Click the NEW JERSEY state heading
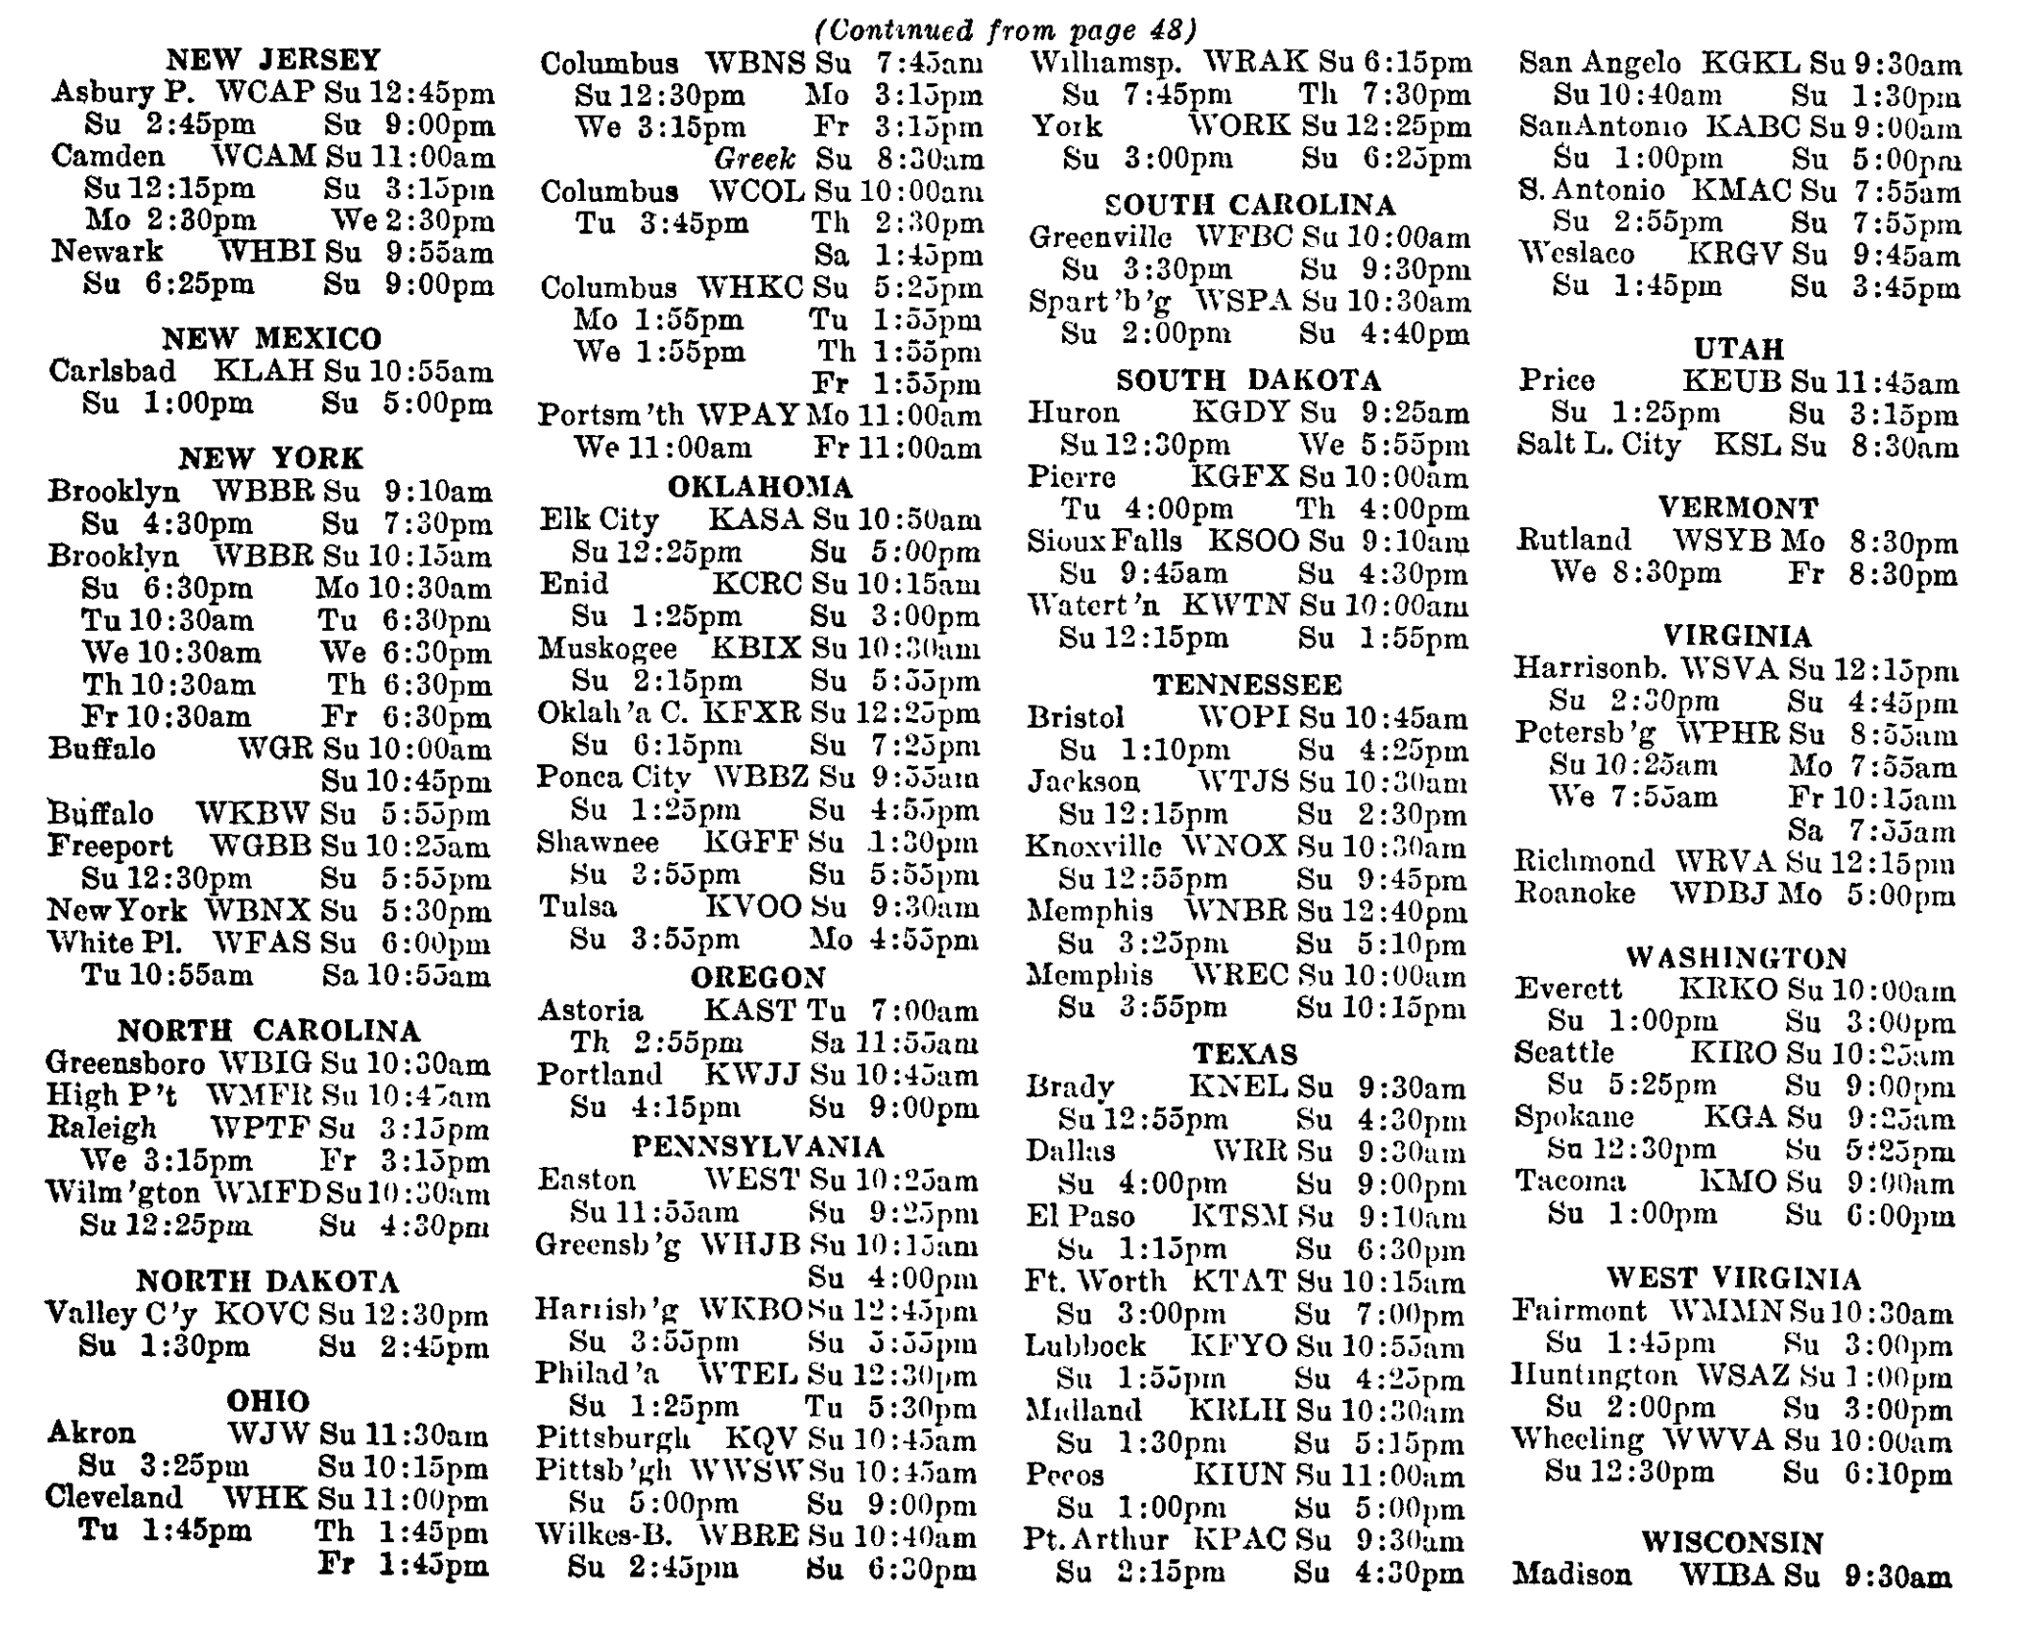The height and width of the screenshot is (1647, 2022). click(x=272, y=60)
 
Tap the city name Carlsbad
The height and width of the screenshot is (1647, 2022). click(x=113, y=371)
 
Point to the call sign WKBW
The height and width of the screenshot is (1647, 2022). click(x=253, y=813)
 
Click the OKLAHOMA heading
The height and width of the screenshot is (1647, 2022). click(x=760, y=487)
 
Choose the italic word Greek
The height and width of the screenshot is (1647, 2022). click(x=754, y=159)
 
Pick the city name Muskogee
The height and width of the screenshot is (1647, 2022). click(x=607, y=649)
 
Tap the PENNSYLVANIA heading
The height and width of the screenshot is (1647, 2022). click(x=757, y=1146)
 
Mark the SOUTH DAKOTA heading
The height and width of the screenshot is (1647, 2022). click(x=1248, y=380)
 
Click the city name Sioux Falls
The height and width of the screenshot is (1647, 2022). click(x=1104, y=541)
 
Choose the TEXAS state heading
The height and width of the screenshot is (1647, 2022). click(x=1245, y=1054)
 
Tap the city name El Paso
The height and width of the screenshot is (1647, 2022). click(x=1080, y=1216)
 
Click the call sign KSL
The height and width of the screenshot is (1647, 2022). click(x=1747, y=446)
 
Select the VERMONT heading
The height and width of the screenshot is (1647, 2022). click(x=1738, y=508)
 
